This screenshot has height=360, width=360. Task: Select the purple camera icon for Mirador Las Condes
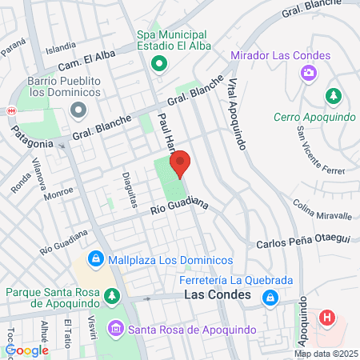click(307, 74)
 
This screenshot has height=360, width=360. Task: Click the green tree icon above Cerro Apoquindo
click(333, 96)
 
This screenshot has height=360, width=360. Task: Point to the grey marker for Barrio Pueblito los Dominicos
click(78, 109)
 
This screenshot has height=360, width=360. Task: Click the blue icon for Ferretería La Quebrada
click(271, 298)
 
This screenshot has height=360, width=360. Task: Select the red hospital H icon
click(326, 318)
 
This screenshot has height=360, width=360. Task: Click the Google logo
click(27, 350)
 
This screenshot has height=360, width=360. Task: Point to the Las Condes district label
click(213, 296)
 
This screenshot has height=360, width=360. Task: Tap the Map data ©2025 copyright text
click(325, 353)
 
